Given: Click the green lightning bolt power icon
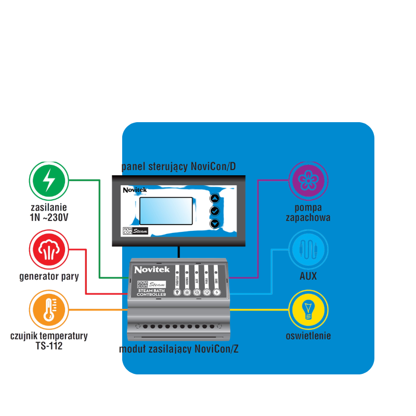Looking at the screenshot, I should (48, 180).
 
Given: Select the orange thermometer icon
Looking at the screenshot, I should (48, 310).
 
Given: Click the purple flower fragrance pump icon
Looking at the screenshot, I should (308, 180).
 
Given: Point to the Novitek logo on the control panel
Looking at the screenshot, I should (135, 190).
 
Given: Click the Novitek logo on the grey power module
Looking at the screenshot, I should (149, 270).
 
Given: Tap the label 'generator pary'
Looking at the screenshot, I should (49, 277).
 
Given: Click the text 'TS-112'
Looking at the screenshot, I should (49, 345).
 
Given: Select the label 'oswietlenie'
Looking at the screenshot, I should (308, 336).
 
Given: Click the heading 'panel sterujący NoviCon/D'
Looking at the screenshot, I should (178, 167).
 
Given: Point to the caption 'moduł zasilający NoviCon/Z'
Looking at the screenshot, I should (178, 349).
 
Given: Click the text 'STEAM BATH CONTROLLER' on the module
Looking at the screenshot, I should (151, 293).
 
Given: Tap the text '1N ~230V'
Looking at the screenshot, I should (49, 217).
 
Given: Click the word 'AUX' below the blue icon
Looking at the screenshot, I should (308, 276).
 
